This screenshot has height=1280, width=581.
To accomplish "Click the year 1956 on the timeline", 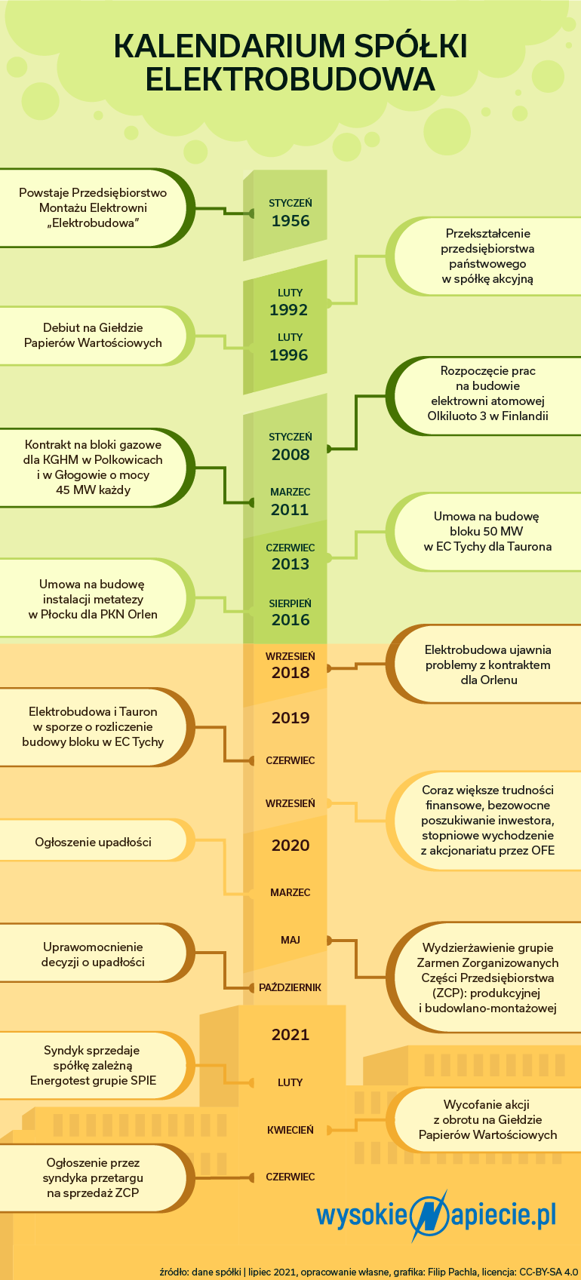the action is click(290, 221).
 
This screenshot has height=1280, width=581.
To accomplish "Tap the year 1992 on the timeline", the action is click(289, 310).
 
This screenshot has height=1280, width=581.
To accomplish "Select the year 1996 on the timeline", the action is click(289, 355).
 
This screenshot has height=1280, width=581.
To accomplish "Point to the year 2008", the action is click(290, 455).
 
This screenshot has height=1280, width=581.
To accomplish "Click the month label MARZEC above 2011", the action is click(290, 492).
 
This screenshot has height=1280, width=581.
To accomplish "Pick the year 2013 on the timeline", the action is click(290, 564).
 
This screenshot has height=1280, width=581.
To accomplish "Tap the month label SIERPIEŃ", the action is click(290, 603).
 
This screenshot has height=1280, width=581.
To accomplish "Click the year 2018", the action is click(290, 673).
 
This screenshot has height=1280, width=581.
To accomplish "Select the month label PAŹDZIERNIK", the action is click(290, 987).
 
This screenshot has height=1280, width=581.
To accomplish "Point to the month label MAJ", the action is click(290, 940).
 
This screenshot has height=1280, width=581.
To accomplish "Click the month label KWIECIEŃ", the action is click(290, 1130).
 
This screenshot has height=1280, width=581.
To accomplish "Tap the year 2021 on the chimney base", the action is click(290, 1034).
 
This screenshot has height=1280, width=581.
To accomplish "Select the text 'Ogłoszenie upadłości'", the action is click(94, 843).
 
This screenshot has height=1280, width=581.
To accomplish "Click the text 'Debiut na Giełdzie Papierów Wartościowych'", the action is click(94, 336).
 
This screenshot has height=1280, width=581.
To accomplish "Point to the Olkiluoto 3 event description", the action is click(487, 393).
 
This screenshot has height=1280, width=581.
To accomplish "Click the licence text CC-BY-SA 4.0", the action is click(549, 1272).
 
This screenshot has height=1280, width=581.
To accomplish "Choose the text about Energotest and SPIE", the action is click(94, 1065).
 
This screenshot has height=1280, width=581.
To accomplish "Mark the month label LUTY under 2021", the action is click(290, 1082).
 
